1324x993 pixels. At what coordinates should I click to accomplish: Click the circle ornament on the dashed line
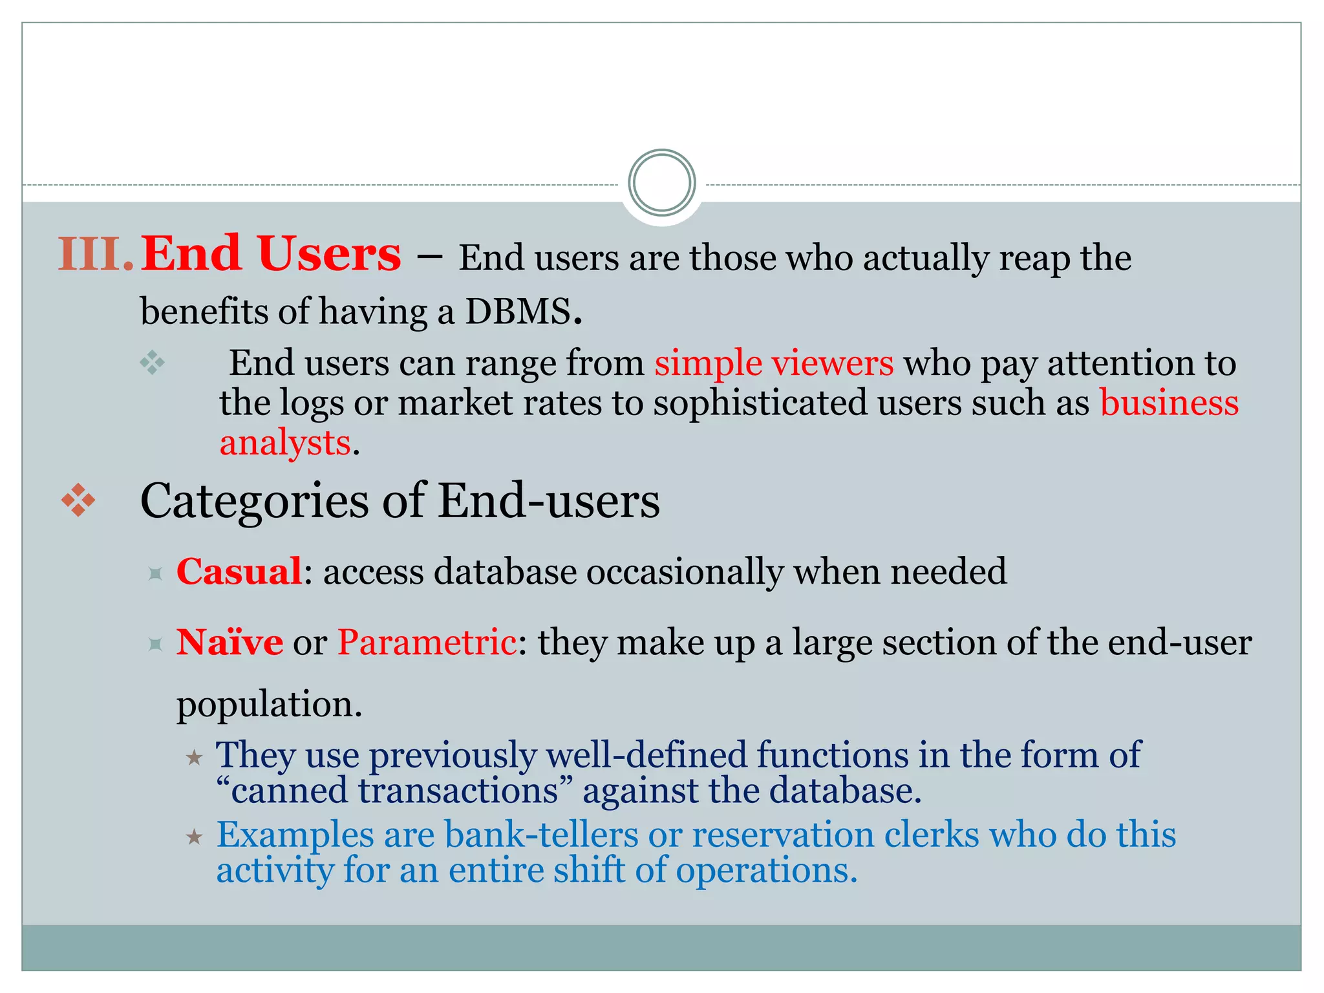(x=661, y=183)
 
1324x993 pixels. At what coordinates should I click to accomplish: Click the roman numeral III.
(x=96, y=254)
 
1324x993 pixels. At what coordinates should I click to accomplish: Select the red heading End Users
(x=271, y=254)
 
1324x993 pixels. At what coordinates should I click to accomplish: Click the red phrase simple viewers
(x=774, y=363)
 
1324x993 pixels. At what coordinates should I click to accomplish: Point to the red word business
(x=1169, y=403)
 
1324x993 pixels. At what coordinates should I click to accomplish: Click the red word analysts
(x=285, y=443)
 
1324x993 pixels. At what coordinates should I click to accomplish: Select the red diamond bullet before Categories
(x=78, y=500)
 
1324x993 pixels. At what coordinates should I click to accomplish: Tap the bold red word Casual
(x=239, y=572)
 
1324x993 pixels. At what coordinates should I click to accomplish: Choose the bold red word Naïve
(x=230, y=643)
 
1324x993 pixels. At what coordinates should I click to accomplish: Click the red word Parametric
(x=427, y=643)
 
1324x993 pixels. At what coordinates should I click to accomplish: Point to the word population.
(x=268, y=704)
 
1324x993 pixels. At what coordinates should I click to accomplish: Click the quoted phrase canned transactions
(x=395, y=791)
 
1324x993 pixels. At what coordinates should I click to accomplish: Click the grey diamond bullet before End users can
(x=153, y=363)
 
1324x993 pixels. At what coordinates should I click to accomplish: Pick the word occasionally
(x=685, y=572)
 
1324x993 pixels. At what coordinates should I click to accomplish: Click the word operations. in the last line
(x=766, y=870)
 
